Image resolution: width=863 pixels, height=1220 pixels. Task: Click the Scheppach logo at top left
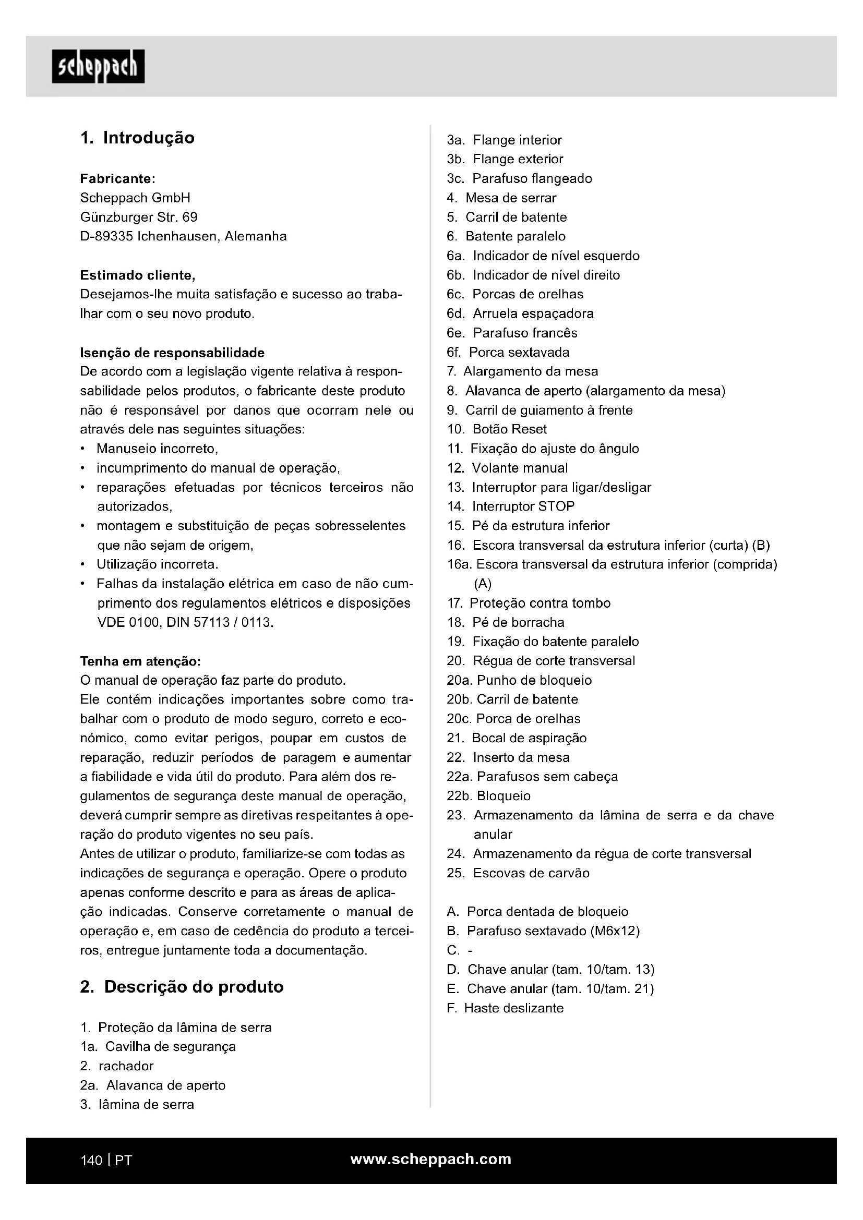click(98, 66)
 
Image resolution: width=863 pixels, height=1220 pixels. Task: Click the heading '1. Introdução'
click(137, 138)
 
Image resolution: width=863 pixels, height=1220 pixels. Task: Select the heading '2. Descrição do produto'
click(181, 987)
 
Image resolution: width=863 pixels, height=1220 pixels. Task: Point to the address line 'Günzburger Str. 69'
click(139, 217)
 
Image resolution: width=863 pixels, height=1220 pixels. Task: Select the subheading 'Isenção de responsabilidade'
click(172, 353)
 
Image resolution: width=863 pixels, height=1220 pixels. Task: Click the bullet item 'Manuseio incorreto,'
click(157, 449)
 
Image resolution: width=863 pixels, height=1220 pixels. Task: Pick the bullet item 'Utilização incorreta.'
click(157, 564)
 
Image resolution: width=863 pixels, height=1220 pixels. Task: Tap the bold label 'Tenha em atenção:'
click(140, 661)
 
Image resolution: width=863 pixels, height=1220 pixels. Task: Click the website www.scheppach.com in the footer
click(430, 1159)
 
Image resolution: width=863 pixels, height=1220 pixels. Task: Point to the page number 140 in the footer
click(91, 1160)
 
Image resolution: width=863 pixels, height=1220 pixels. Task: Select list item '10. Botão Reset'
click(497, 429)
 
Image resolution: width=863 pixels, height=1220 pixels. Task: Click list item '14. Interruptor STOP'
click(511, 506)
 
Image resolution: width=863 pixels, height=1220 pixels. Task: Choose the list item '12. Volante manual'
click(508, 467)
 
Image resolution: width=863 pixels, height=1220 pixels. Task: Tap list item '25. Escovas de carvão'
click(518, 873)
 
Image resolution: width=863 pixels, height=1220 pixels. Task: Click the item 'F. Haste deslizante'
click(505, 1008)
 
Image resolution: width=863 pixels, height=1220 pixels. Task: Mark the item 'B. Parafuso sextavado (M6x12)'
click(543, 931)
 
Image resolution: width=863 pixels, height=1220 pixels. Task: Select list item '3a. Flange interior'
click(505, 140)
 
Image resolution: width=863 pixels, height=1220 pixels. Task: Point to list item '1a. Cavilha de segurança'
click(158, 1046)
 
